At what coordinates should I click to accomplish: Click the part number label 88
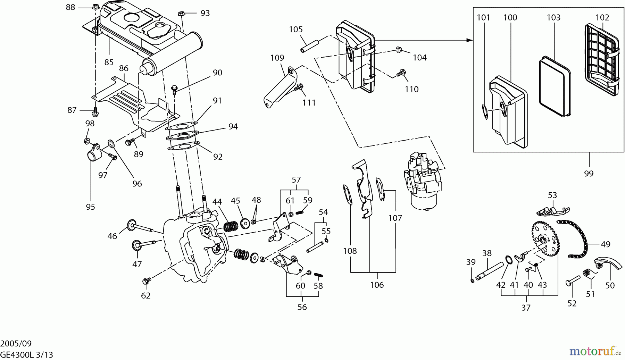[x=70, y=7]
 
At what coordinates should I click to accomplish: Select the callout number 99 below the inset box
[x=589, y=173]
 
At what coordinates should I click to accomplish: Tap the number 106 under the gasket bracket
[x=377, y=285]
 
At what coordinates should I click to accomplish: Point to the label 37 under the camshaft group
[x=526, y=308]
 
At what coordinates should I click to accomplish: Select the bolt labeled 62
[x=147, y=279]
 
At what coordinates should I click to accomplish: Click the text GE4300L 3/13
[x=26, y=355]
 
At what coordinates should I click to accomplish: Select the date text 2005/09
[x=16, y=344]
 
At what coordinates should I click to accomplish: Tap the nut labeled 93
[x=181, y=14]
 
